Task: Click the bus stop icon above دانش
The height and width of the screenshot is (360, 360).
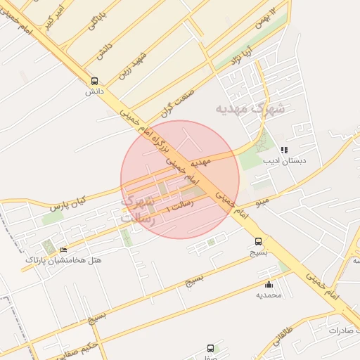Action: (x=95, y=81)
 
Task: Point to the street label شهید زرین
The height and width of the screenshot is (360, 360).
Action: (x=132, y=63)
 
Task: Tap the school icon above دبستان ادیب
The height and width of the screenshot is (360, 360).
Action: (x=284, y=150)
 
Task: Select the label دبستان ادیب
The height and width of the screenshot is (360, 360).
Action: (x=285, y=161)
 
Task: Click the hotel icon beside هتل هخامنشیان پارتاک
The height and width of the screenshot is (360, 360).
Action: (x=64, y=250)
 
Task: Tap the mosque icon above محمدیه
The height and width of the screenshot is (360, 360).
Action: (x=269, y=284)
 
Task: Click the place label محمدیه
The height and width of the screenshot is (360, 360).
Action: (x=269, y=295)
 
